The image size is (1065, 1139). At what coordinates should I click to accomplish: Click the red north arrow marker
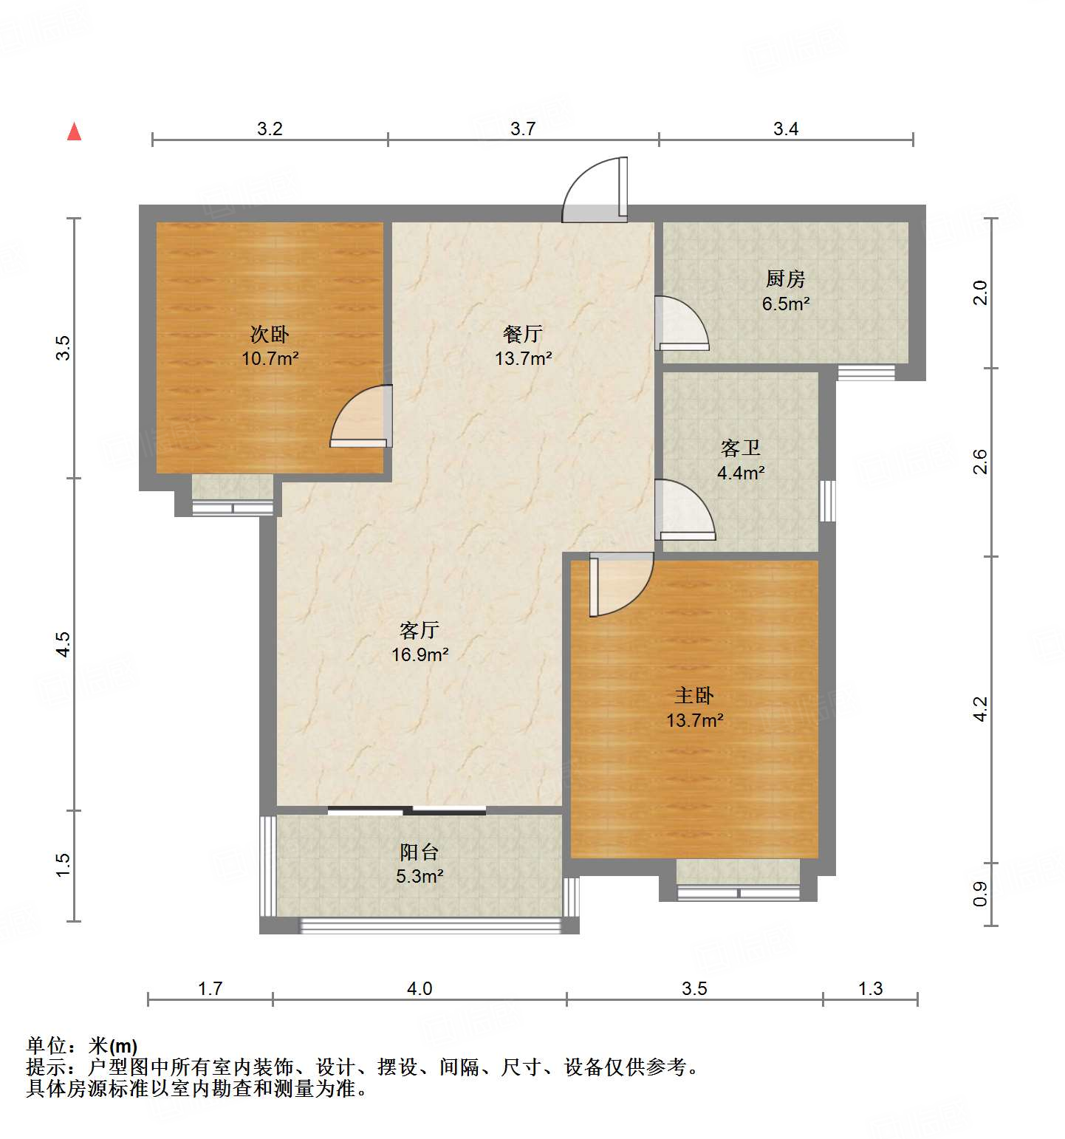tap(74, 131)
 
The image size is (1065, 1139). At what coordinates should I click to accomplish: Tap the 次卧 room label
tap(270, 335)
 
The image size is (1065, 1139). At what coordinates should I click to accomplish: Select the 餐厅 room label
tap(523, 334)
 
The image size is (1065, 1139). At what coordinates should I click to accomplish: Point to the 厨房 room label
tap(785, 278)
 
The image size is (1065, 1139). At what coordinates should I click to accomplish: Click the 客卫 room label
tap(740, 448)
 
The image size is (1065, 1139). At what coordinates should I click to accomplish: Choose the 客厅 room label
tap(420, 630)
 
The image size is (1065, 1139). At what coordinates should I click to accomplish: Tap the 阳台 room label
tap(420, 852)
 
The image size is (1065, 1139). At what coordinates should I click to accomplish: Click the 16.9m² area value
tap(420, 654)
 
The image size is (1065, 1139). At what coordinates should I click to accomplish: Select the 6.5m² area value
tap(786, 304)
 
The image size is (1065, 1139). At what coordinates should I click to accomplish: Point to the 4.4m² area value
tap(741, 473)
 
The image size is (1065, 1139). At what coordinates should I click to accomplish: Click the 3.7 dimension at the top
tap(523, 129)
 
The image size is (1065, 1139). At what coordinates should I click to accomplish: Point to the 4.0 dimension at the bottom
tap(420, 988)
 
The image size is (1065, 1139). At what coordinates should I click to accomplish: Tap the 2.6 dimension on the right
tap(979, 462)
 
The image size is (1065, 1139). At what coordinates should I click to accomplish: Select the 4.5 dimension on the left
tap(64, 644)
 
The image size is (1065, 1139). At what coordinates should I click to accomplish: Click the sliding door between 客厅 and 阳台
tap(407, 810)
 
